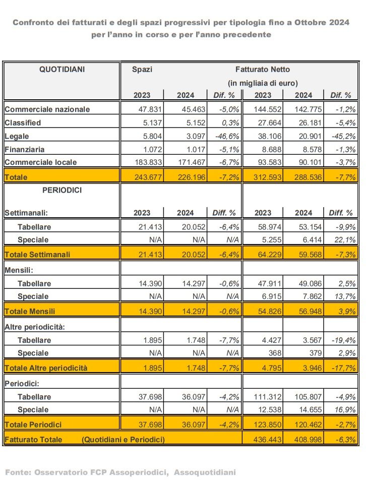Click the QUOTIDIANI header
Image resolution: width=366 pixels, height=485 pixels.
click(x=62, y=69)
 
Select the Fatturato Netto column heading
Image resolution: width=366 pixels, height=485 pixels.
click(x=263, y=70)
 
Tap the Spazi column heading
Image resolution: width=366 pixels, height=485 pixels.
click(x=142, y=70)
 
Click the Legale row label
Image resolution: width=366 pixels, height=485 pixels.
click(x=17, y=137)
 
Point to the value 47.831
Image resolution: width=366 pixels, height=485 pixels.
click(x=150, y=109)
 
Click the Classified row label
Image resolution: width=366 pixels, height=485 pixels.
click(x=23, y=123)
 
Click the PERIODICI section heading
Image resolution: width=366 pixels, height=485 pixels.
click(x=62, y=190)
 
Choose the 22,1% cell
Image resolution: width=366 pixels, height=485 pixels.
click(x=345, y=239)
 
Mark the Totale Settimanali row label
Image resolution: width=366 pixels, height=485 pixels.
click(x=37, y=255)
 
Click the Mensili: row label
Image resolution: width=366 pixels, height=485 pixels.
click(x=19, y=270)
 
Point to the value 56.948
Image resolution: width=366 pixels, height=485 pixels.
click(x=310, y=311)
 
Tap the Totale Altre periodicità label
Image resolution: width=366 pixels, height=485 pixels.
click(x=46, y=368)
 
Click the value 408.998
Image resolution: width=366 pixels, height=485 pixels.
click(x=308, y=440)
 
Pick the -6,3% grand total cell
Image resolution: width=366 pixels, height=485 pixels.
click(x=345, y=440)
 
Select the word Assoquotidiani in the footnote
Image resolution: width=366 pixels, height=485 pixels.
click(x=205, y=472)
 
